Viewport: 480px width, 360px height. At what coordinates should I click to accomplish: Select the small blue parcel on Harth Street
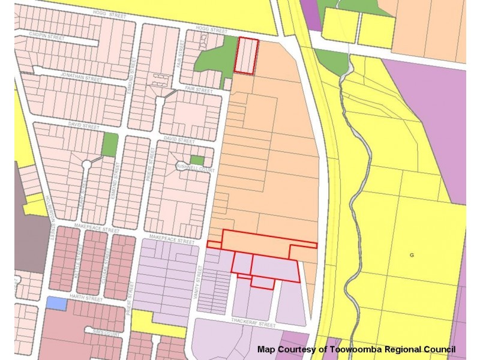(x=56, y=304)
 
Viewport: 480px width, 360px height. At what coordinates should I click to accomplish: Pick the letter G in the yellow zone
(x=412, y=255)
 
